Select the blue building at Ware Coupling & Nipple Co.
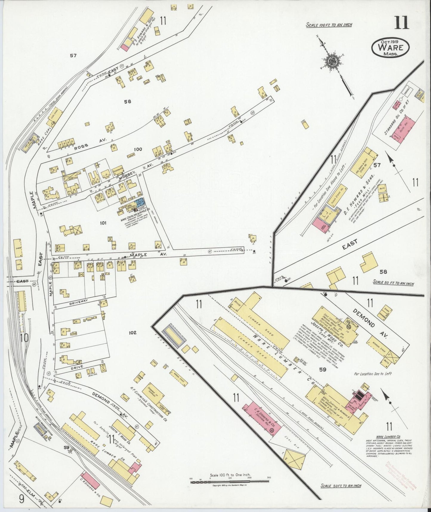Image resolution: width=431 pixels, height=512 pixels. pos(140,203)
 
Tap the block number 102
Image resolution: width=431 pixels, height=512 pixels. pos(132,332)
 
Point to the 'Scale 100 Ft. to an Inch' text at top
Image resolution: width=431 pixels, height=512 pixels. pos(329,24)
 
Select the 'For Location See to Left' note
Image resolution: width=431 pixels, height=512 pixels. pos(373,373)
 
